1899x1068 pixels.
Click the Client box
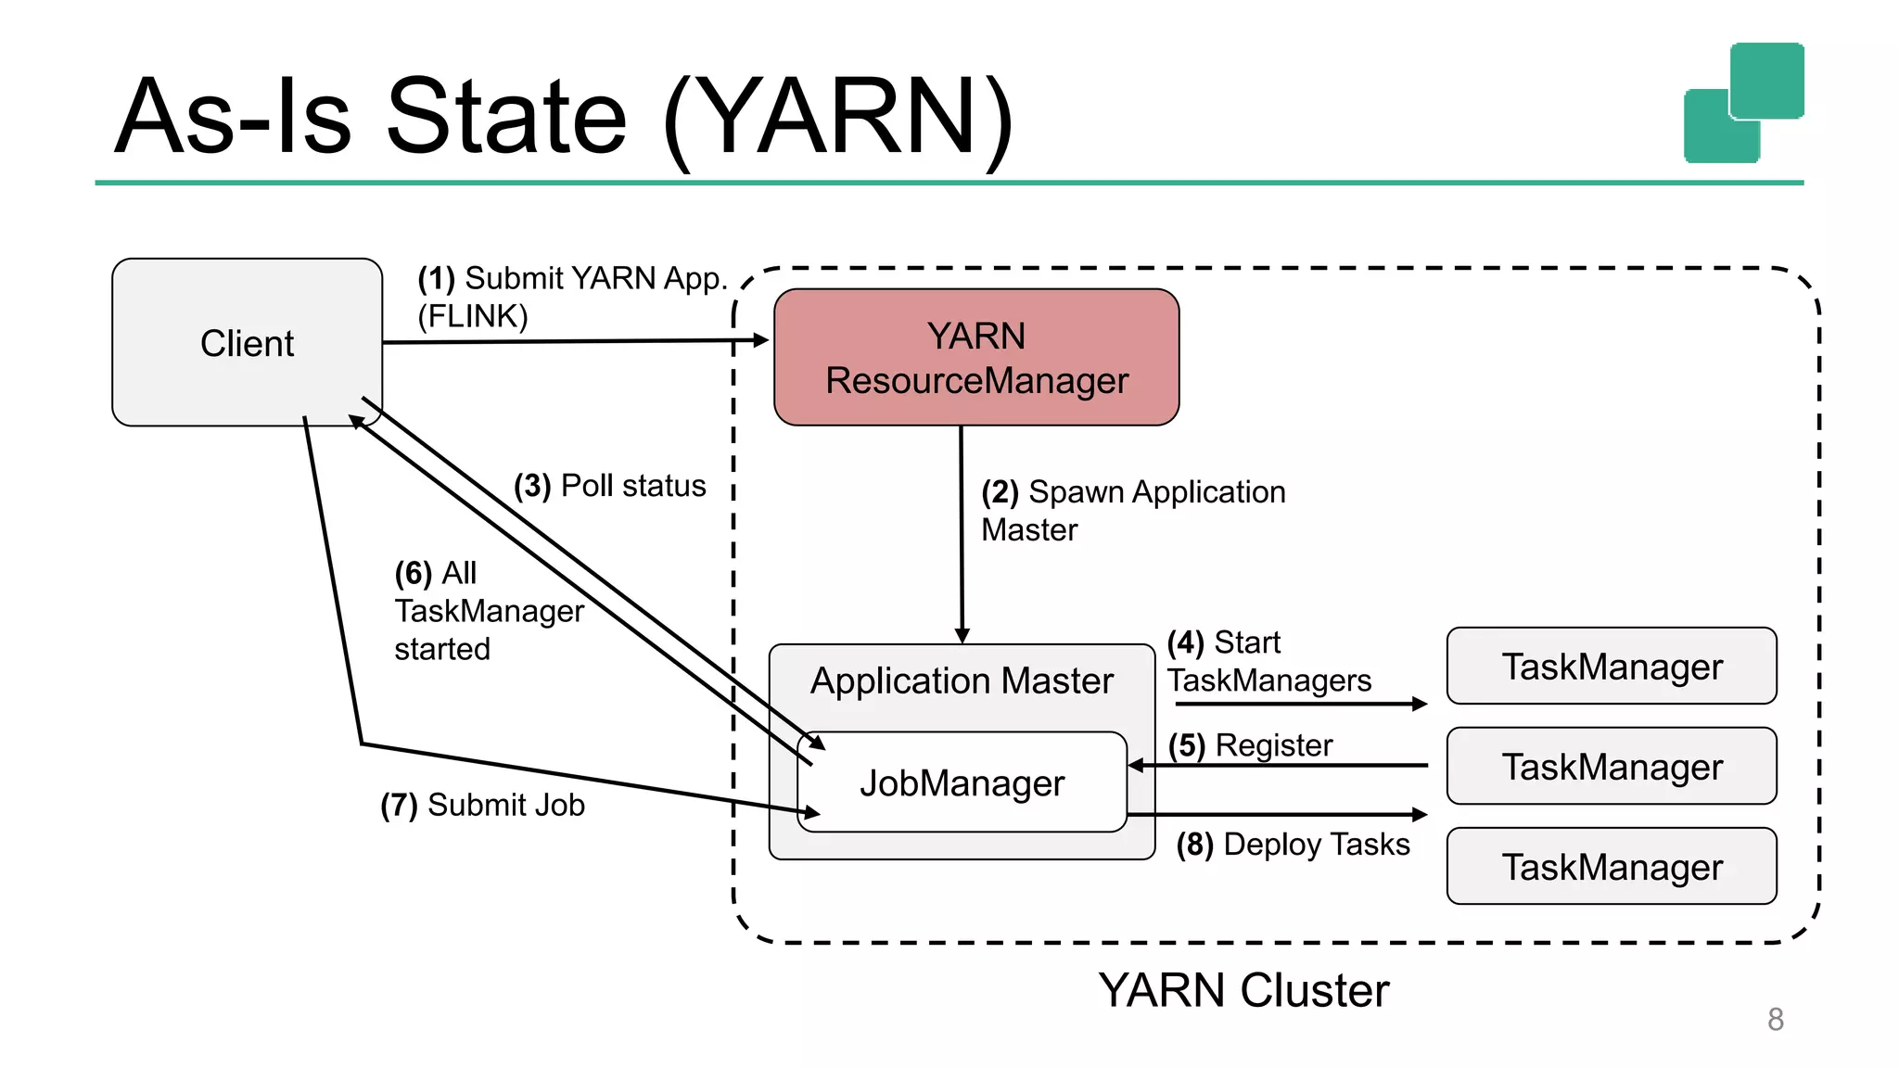247,343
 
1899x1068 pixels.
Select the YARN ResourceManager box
976,358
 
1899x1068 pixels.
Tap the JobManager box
962,783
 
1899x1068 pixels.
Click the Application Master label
962,681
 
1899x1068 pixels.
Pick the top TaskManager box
1612,667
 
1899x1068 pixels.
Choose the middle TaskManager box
1612,767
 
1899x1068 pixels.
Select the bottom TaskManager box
1612,867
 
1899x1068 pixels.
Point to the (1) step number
436,278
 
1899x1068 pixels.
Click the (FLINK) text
473,316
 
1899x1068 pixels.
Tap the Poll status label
633,486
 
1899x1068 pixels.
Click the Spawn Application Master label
1133,510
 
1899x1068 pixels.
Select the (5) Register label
1250,745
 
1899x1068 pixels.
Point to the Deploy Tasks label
1317,845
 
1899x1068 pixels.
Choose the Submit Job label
506,805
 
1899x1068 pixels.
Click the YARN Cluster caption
1243,990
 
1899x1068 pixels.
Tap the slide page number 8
1775,1019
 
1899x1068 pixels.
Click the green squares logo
1743,102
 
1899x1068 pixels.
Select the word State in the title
506,117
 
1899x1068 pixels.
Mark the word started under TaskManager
442,649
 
